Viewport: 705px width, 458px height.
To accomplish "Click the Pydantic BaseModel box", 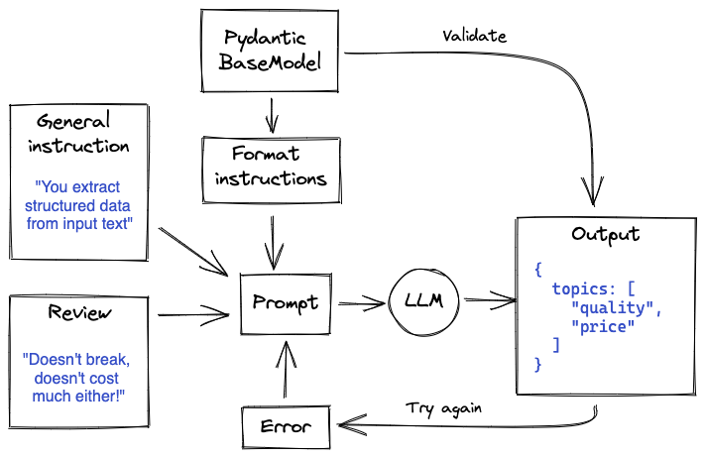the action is pyautogui.click(x=270, y=52).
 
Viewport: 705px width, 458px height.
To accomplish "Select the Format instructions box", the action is pyautogui.click(x=271, y=170).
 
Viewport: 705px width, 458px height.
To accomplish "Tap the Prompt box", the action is pyautogui.click(x=286, y=303).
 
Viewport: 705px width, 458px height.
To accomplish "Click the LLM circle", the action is pyautogui.click(x=423, y=301).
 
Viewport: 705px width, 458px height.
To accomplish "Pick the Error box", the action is pyautogui.click(x=286, y=427).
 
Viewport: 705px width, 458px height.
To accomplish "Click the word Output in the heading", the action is pyautogui.click(x=605, y=235).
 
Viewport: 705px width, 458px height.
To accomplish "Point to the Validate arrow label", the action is pyautogui.click(x=474, y=36).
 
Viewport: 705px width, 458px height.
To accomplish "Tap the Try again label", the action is pyautogui.click(x=443, y=408).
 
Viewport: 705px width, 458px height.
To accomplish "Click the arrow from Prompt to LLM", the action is pyautogui.click(x=361, y=303).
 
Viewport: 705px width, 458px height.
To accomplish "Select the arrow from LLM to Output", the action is pyautogui.click(x=490, y=299).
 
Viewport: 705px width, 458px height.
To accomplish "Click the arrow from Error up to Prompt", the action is pyautogui.click(x=285, y=370).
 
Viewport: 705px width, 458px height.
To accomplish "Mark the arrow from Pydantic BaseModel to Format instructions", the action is pyautogui.click(x=272, y=116).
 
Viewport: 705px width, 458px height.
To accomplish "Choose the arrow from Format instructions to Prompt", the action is pyautogui.click(x=273, y=243).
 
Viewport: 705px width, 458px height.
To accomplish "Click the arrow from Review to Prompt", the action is pyautogui.click(x=193, y=314).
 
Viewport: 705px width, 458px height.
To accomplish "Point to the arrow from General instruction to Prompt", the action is pyautogui.click(x=193, y=251).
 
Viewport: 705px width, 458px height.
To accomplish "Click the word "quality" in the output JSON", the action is pyautogui.click(x=612, y=308).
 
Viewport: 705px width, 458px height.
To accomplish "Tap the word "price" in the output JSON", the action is pyautogui.click(x=603, y=327).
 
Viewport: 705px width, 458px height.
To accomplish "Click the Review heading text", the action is pyautogui.click(x=79, y=312).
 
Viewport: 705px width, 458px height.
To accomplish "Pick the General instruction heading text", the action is pyautogui.click(x=78, y=133).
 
